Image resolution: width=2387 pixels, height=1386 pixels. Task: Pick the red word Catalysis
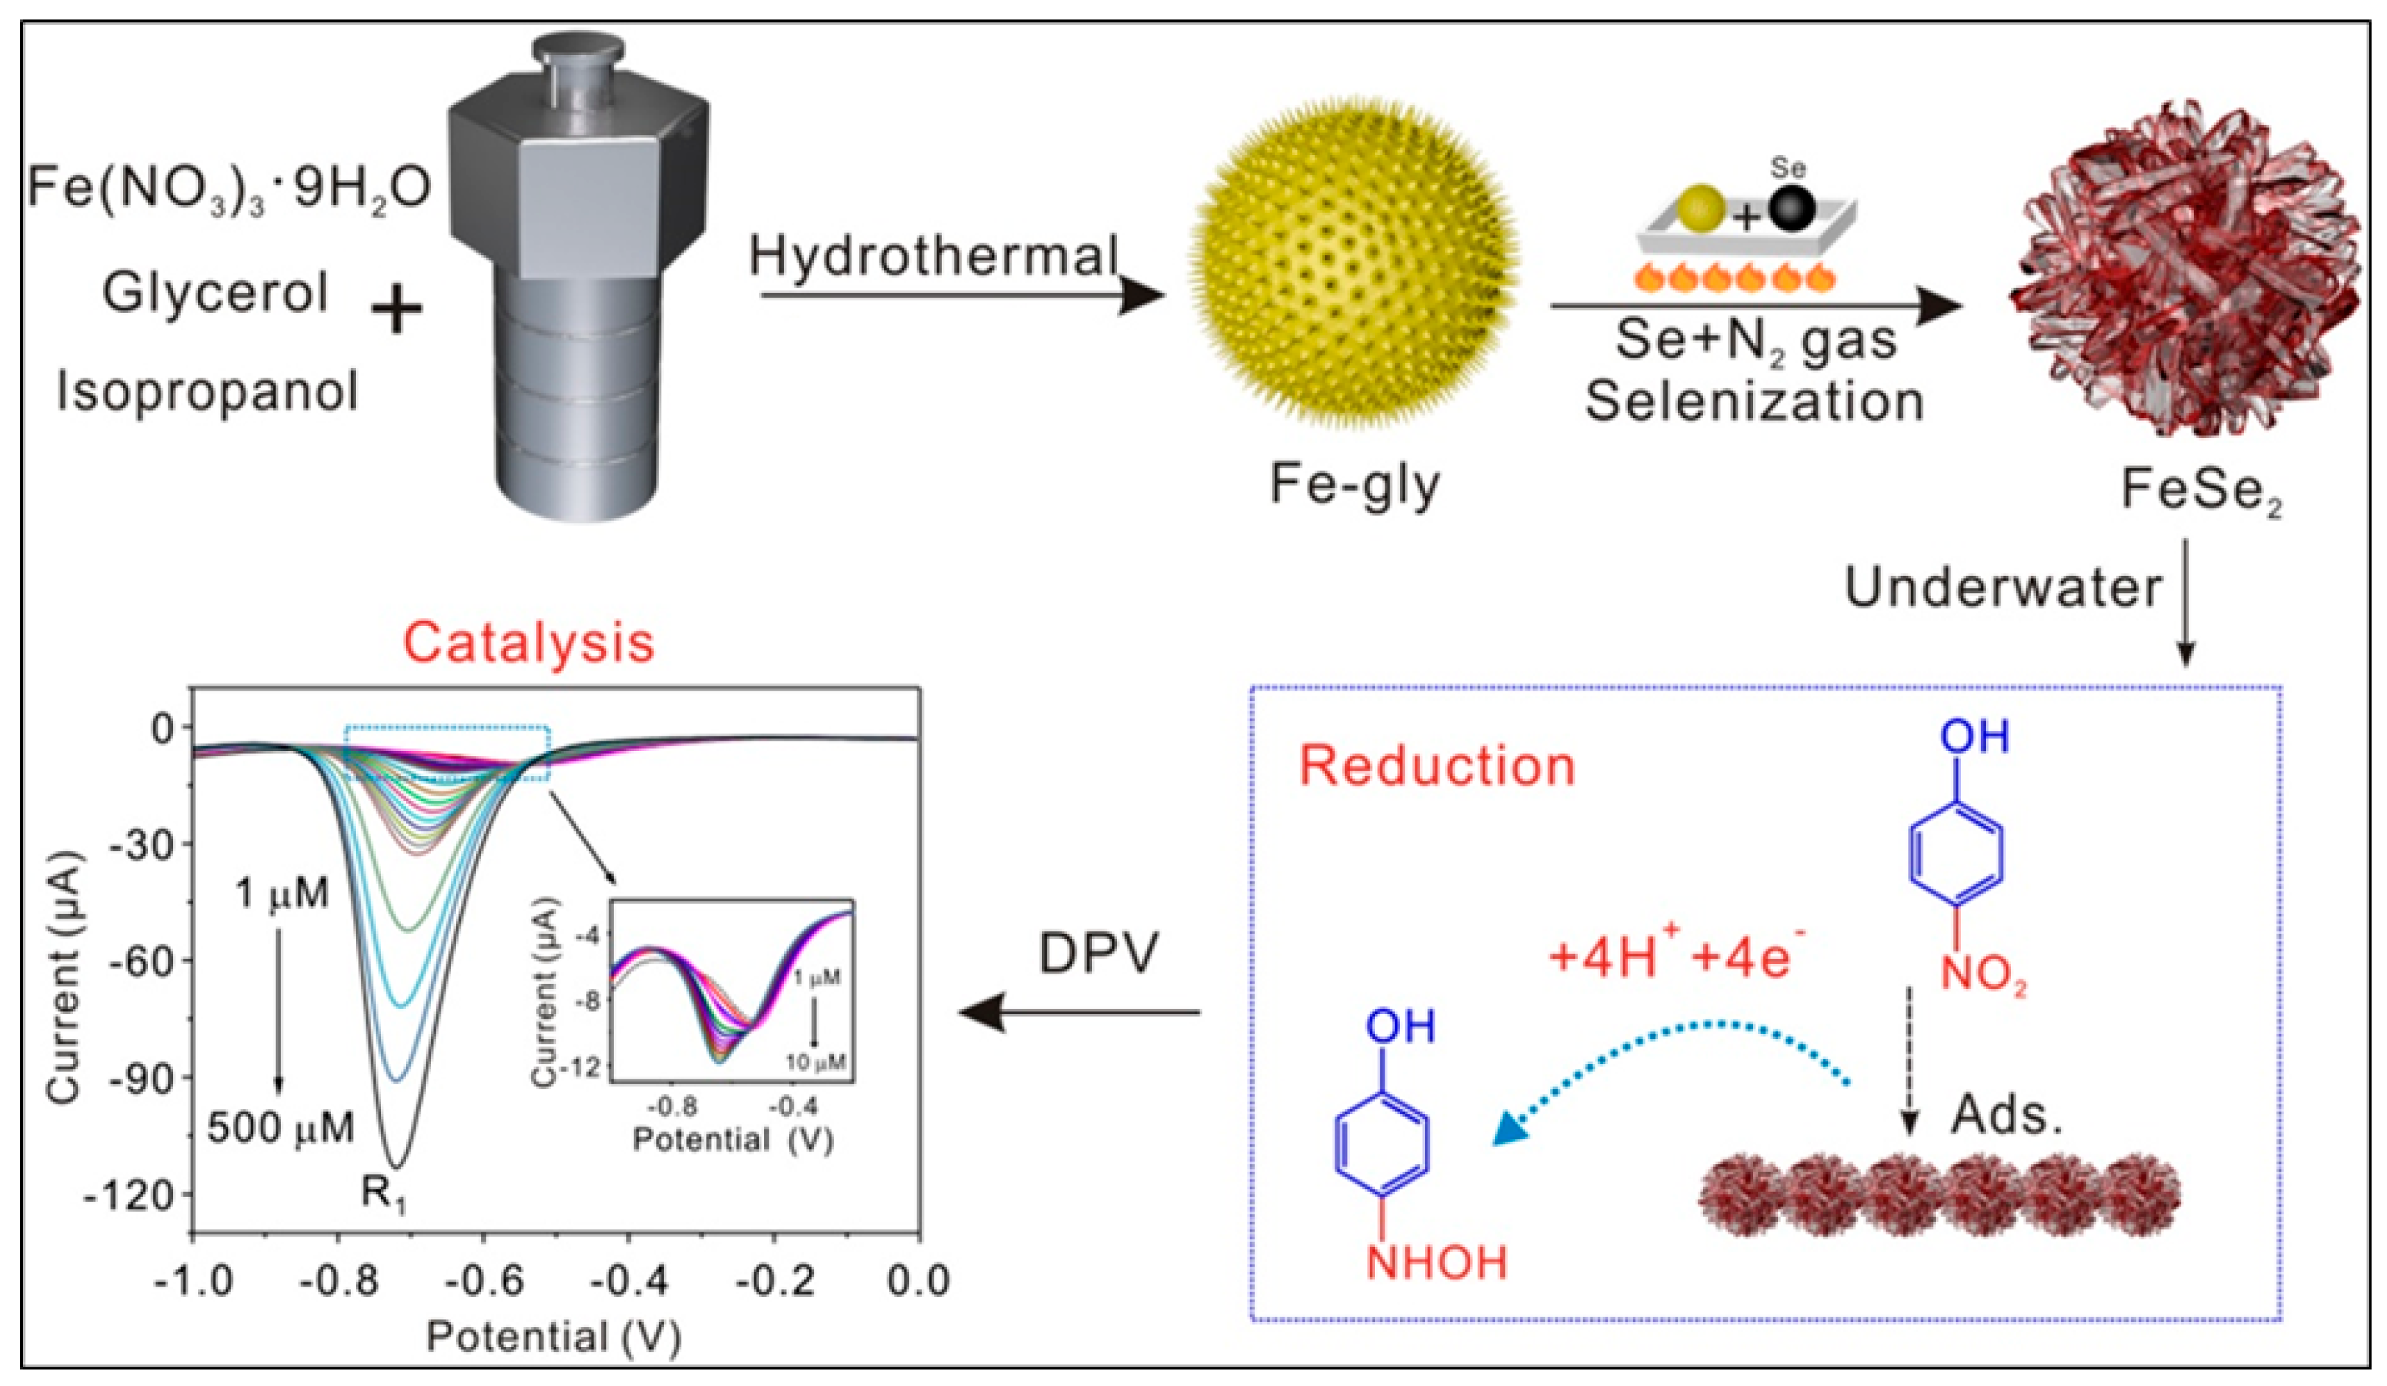[528, 643]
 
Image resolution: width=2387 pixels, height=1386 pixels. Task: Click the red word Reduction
[1436, 766]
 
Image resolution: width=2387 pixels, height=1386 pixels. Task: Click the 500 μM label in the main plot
[280, 1127]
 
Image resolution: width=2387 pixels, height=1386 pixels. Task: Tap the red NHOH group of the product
[1436, 1263]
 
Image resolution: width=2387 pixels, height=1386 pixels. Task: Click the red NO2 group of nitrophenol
[1983, 975]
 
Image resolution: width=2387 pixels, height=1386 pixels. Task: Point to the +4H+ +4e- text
[1677, 957]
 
